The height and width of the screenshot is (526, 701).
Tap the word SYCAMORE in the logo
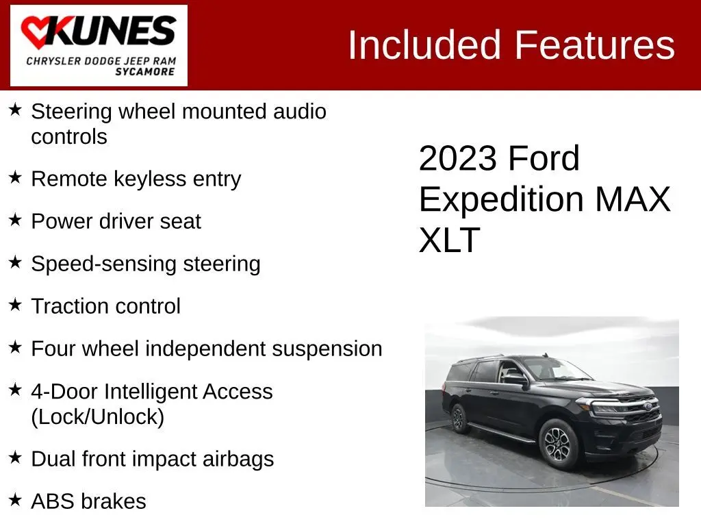[145, 72]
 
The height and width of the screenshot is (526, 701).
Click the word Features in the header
[595, 45]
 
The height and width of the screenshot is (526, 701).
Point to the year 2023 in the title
[458, 158]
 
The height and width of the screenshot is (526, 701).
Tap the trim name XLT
[449, 240]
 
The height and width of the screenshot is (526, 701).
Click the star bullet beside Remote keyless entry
[15, 177]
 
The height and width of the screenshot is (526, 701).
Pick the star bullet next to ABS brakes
[15, 499]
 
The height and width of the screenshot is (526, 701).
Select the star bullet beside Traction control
[15, 305]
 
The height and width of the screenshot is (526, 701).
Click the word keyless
[150, 179]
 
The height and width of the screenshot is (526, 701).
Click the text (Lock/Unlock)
[97, 417]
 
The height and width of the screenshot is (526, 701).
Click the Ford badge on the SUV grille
[648, 406]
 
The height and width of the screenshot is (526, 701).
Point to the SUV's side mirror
[515, 379]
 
